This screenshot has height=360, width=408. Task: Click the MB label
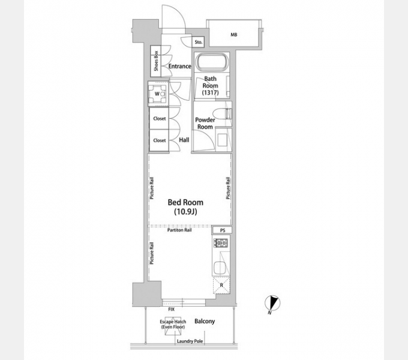pyautogui.click(x=233, y=35)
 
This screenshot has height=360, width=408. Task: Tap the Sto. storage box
pyautogui.click(x=198, y=42)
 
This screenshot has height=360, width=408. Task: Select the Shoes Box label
pyautogui.click(x=156, y=61)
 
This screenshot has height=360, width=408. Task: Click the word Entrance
pyautogui.click(x=179, y=67)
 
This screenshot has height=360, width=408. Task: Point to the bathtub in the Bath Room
pyautogui.click(x=212, y=62)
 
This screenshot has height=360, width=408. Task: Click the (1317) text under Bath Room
pyautogui.click(x=210, y=92)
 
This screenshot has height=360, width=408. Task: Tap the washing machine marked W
pyautogui.click(x=157, y=94)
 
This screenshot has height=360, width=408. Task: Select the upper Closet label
pyautogui.click(x=159, y=119)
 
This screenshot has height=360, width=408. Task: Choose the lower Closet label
pyautogui.click(x=159, y=140)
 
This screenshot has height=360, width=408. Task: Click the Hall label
pyautogui.click(x=184, y=140)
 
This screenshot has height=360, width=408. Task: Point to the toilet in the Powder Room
pyautogui.click(x=221, y=113)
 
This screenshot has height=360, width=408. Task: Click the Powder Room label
pyautogui.click(x=205, y=123)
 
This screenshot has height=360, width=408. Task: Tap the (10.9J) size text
pyautogui.click(x=185, y=212)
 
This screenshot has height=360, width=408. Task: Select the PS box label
pyautogui.click(x=223, y=230)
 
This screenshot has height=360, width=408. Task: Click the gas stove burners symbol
pyautogui.click(x=221, y=242)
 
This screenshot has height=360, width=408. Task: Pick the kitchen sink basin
pyautogui.click(x=221, y=267)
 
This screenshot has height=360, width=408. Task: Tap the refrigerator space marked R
pyautogui.click(x=221, y=286)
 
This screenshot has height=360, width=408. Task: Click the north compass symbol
pyautogui.click(x=272, y=304)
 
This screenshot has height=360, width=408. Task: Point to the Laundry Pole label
pyautogui.click(x=190, y=341)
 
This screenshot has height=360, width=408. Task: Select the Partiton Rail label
pyautogui.click(x=179, y=230)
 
